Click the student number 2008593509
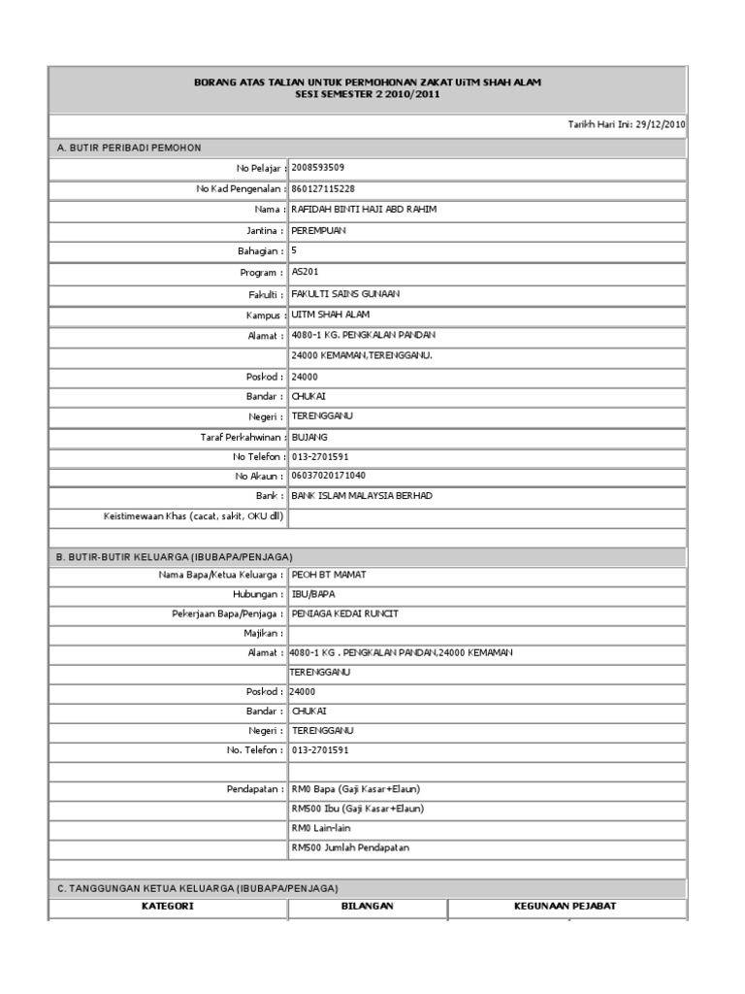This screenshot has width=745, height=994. click(x=317, y=168)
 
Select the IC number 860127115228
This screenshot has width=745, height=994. click(x=323, y=188)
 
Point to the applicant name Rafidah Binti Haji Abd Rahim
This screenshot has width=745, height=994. click(x=364, y=210)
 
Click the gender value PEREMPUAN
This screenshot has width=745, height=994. click(x=318, y=231)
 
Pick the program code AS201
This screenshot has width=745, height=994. click(x=305, y=273)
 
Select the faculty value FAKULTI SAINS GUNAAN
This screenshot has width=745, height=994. click(x=345, y=293)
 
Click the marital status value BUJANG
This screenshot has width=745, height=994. click(x=309, y=437)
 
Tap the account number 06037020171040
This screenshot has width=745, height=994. click(x=328, y=476)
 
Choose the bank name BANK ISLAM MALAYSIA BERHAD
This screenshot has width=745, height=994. click(x=362, y=496)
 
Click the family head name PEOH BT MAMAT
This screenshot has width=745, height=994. click(x=329, y=575)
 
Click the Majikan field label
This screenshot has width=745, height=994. click(x=263, y=633)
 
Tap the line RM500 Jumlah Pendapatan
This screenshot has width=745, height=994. click(x=350, y=847)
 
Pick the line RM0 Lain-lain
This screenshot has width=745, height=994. click(x=321, y=828)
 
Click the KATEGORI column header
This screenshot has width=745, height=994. click(x=167, y=906)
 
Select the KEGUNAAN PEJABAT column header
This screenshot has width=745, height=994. click(x=565, y=906)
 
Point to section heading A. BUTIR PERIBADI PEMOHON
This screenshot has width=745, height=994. click(x=129, y=148)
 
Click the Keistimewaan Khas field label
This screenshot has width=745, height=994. click(x=193, y=516)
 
